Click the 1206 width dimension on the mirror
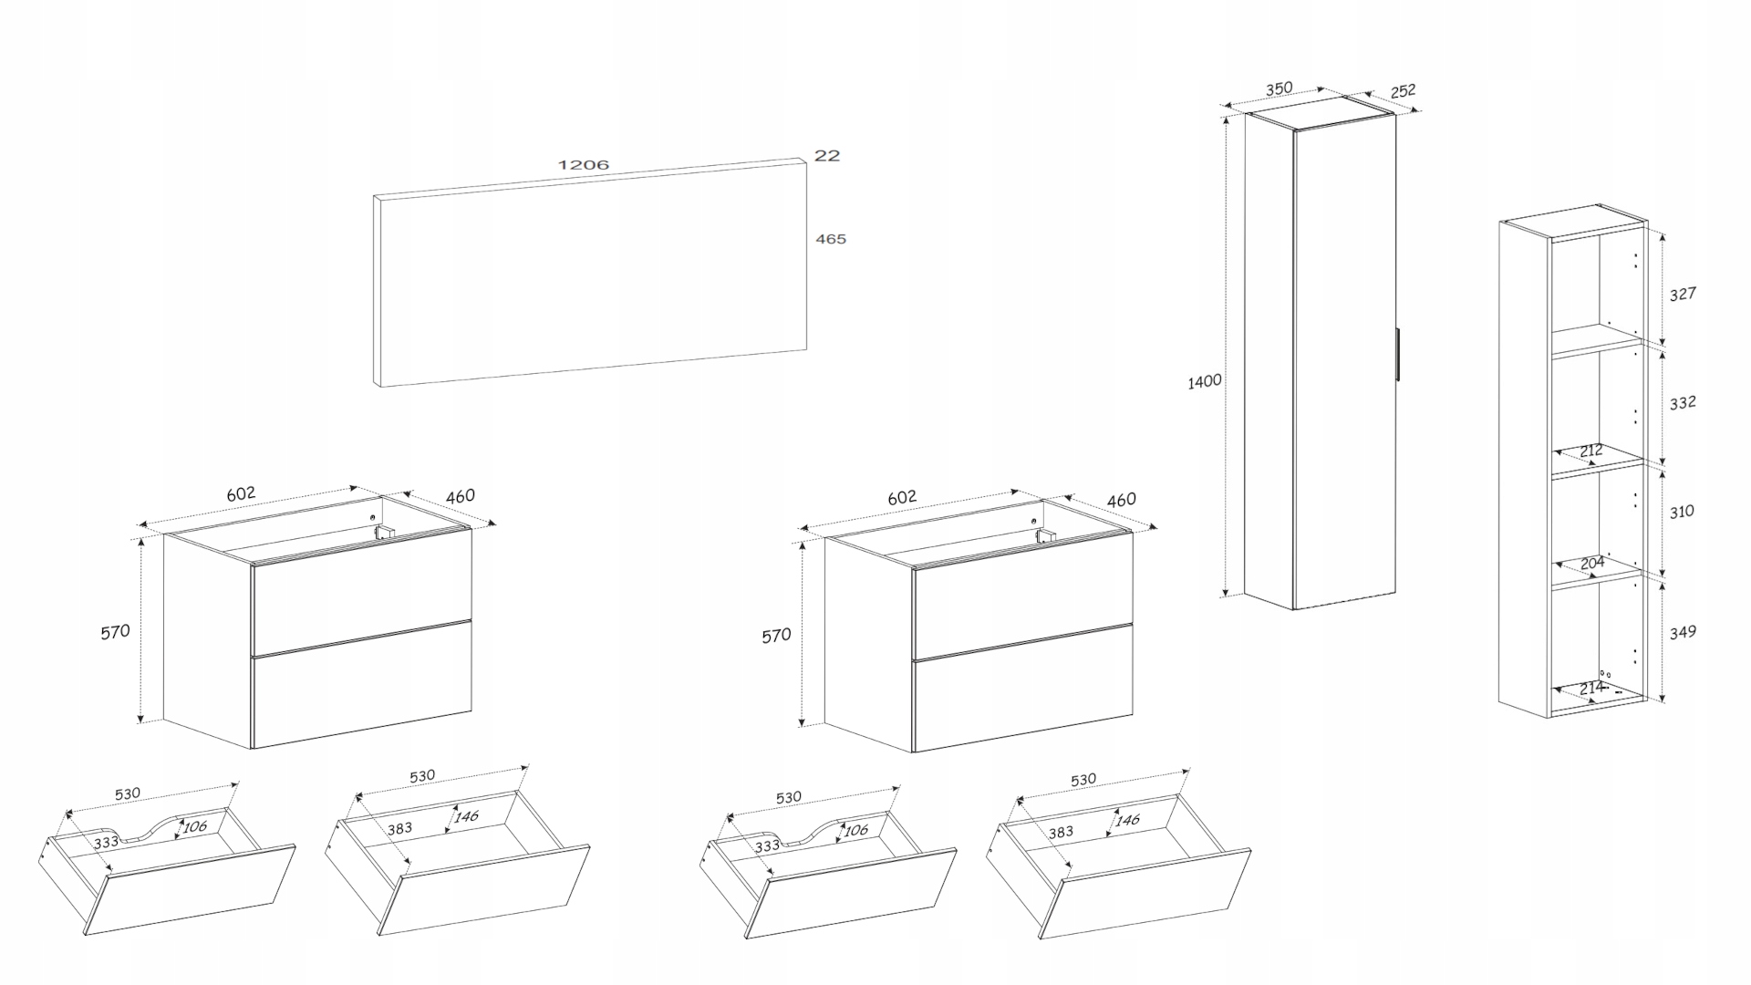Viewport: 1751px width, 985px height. pyautogui.click(x=583, y=165)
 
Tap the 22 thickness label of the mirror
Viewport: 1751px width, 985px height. pyautogui.click(x=826, y=156)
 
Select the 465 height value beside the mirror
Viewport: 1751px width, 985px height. pyautogui.click(x=831, y=239)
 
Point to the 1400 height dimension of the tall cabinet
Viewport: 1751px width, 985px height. pyautogui.click(x=1204, y=381)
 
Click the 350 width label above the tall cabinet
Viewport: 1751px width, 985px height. pyautogui.click(x=1279, y=89)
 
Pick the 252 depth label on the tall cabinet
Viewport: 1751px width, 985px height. pyautogui.click(x=1403, y=91)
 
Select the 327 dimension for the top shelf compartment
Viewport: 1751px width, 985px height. pyautogui.click(x=1683, y=294)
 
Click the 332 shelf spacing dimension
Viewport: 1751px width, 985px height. pyautogui.click(x=1683, y=402)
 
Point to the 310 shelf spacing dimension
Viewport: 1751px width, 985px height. pyautogui.click(x=1682, y=512)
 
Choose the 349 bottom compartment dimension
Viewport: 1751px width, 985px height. pyautogui.click(x=1683, y=631)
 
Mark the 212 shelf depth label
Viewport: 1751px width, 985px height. pyautogui.click(x=1590, y=451)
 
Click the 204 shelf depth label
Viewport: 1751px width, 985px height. pyautogui.click(x=1592, y=564)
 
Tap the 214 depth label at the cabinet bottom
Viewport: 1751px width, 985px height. pyautogui.click(x=1591, y=689)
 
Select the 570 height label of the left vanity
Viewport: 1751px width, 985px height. pyautogui.click(x=116, y=631)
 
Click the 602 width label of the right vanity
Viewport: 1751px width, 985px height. pyautogui.click(x=901, y=498)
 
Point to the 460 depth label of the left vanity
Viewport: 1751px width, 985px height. pyautogui.click(x=461, y=497)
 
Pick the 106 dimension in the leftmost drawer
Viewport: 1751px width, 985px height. pyautogui.click(x=194, y=827)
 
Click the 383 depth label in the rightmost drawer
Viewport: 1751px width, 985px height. pyautogui.click(x=1061, y=833)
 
